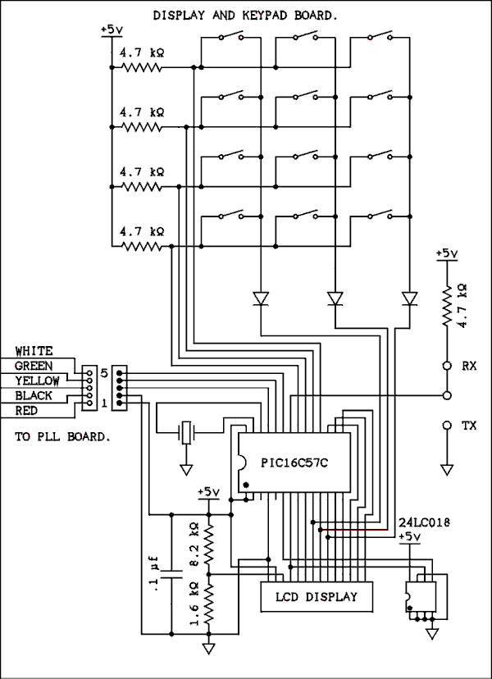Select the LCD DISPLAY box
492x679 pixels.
coord(316,597)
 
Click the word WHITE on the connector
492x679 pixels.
coord(34,351)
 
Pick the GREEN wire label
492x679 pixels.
coord(34,366)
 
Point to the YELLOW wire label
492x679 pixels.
coord(38,381)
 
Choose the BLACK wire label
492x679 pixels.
coord(34,396)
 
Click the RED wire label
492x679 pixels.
coord(28,411)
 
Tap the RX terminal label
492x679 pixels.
coord(471,367)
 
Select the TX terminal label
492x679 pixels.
coord(471,426)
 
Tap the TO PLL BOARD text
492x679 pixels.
coord(61,438)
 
